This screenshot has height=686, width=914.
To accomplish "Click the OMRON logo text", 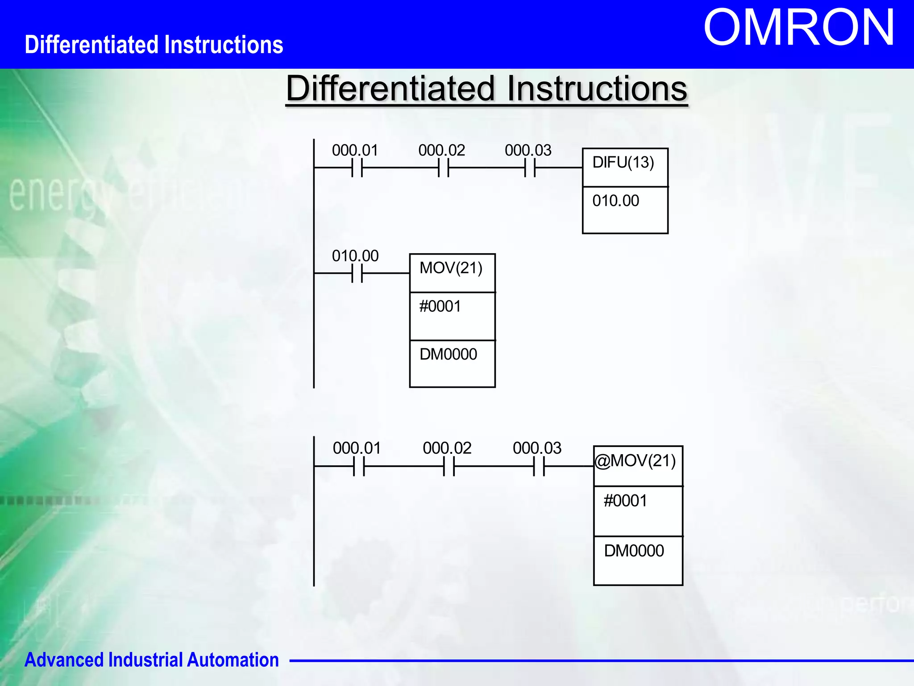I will point(799,29).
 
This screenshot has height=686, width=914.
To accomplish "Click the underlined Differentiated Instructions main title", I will point(486,88).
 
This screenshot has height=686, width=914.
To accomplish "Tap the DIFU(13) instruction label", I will point(623,163).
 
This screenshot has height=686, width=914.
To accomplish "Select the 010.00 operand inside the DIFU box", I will point(615,201).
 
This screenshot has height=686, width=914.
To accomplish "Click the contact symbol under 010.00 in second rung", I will point(357,273).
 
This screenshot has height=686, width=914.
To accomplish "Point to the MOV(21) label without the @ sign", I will point(451,268).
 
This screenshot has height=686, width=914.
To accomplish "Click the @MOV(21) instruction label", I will point(636,461).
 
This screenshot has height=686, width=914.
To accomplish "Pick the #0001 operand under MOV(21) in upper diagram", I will point(440,306).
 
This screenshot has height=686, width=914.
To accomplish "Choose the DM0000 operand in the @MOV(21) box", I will point(634,551).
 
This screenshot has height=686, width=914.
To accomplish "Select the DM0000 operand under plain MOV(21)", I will point(448,354).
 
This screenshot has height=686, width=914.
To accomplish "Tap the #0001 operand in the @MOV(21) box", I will point(625,501).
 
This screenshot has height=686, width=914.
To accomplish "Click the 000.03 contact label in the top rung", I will point(528,150).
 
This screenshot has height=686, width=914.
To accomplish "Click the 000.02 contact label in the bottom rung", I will point(447,448).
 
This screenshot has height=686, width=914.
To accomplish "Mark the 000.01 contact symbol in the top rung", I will point(357,168).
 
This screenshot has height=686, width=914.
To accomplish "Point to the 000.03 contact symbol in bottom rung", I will point(539,466).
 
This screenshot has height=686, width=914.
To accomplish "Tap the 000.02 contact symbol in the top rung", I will point(444,168).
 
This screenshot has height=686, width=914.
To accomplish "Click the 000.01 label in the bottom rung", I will point(357,448).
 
